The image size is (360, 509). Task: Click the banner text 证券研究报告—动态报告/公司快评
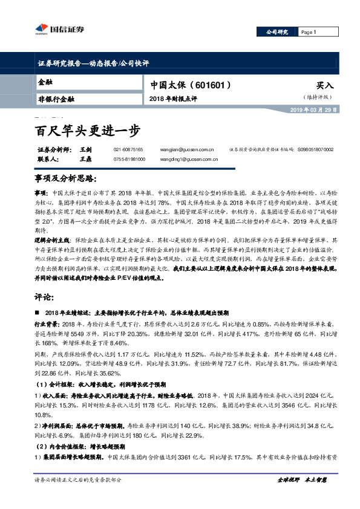[x=90, y=62]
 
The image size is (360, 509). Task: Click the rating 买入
[x=324, y=86]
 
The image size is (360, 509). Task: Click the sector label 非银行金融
[x=56, y=99]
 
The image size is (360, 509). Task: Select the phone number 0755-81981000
[x=129, y=159]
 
